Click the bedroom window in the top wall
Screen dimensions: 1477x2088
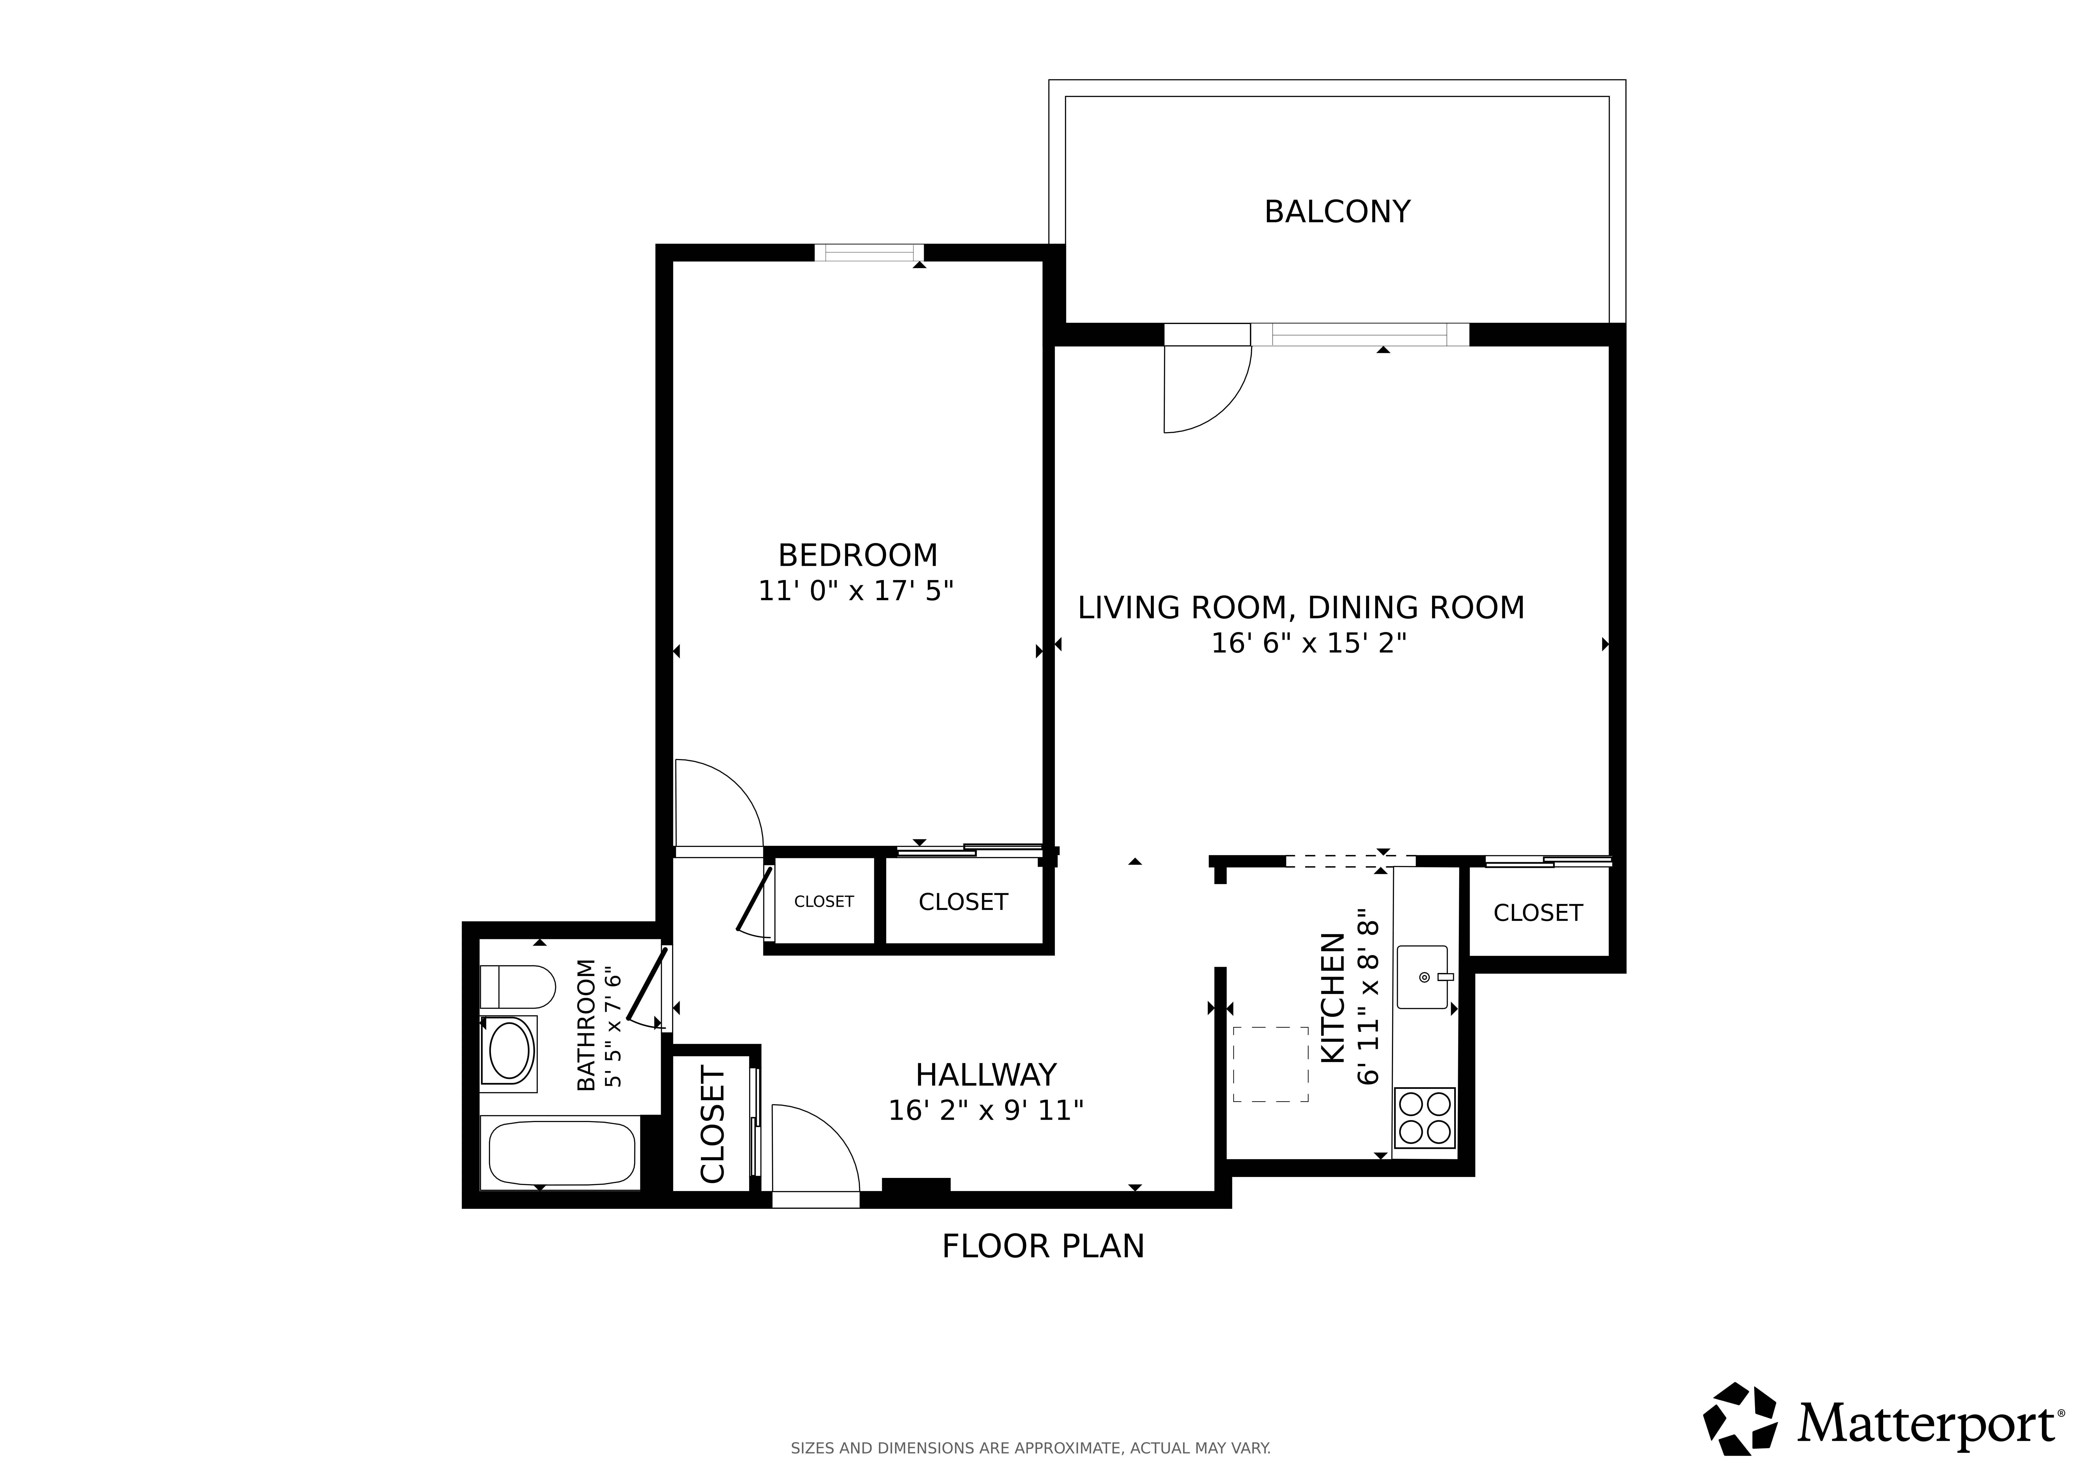868,253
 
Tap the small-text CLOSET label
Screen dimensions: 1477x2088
824,901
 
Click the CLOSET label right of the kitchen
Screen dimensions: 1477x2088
1538,913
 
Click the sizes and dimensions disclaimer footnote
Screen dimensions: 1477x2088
1030,1448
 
